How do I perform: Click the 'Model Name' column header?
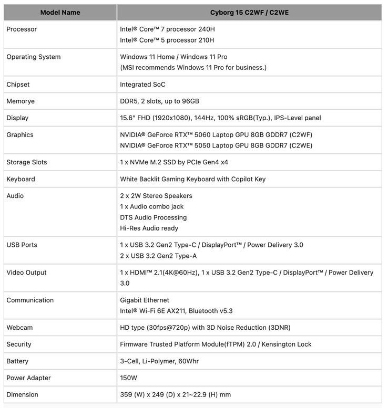[60, 12]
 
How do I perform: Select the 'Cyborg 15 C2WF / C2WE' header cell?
[249, 12]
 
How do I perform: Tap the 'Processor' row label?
[22, 29]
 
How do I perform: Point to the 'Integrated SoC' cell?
[143, 85]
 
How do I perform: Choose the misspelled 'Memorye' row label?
[21, 101]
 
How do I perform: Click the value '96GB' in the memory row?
[189, 101]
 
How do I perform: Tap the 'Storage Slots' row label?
[27, 162]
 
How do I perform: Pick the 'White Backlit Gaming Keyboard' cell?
[192, 179]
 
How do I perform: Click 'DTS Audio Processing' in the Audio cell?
[154, 217]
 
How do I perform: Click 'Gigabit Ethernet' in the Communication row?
[145, 300]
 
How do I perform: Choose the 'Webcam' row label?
[19, 328]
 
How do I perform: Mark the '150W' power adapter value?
[129, 378]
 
